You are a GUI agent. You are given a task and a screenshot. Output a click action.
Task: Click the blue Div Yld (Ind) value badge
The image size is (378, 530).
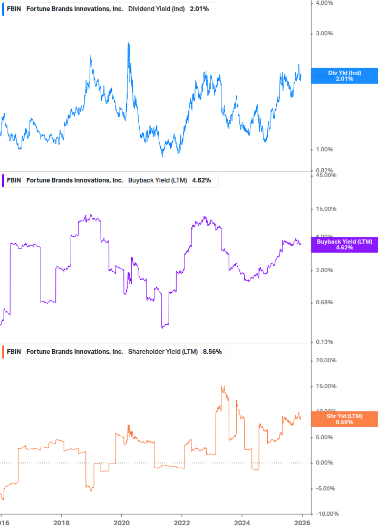coord(344,75)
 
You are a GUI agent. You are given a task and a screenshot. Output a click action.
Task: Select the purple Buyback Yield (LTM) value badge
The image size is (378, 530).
coord(344,244)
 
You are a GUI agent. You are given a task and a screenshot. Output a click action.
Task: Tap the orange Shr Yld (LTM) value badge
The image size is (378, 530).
coord(344,419)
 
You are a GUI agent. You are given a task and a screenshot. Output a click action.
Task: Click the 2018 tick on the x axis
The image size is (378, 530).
coord(62,523)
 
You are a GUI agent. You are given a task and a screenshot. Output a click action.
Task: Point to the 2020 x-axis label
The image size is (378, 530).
coord(121,523)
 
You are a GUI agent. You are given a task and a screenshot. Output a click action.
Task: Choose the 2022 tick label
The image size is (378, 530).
coord(181,523)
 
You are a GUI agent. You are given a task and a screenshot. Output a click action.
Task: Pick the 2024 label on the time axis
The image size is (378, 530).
coord(241,523)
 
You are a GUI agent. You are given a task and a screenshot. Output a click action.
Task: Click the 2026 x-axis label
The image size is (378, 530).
coord(302,523)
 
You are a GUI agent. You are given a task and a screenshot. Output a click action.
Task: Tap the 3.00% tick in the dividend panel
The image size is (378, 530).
coord(324,33)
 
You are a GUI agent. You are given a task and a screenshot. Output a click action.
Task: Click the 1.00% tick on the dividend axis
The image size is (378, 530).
coord(324,149)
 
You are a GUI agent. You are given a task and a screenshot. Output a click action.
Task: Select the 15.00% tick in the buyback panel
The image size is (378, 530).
coord(326,209)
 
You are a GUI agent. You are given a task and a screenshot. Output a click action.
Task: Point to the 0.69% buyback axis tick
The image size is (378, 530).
coord(324,302)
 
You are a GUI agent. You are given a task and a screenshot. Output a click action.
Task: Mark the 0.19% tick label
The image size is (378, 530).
coord(324,342)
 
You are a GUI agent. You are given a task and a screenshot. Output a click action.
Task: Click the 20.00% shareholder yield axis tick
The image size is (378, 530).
coord(326,361)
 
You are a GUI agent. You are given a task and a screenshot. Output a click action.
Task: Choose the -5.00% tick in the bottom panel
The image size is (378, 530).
coord(326,488)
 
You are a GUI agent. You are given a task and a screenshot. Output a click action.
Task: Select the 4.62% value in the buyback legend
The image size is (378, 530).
coord(201,180)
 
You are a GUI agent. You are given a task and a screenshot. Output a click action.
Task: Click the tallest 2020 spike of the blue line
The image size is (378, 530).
coord(129,43)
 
